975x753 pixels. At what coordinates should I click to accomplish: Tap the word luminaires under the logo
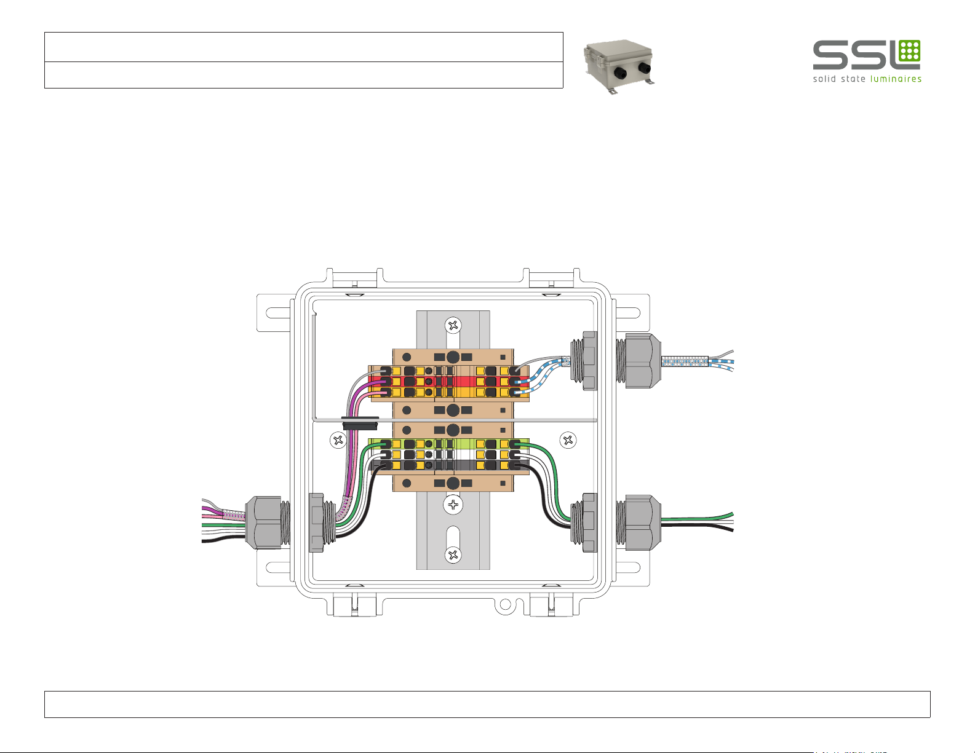click(x=896, y=79)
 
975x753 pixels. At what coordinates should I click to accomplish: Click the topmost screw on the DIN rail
click(x=453, y=325)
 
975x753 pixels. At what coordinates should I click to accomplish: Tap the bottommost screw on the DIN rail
click(x=453, y=555)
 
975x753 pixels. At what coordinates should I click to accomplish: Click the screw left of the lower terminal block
click(x=338, y=440)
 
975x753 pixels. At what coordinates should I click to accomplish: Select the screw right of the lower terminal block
click(x=568, y=440)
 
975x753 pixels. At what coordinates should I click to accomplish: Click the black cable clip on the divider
click(x=359, y=423)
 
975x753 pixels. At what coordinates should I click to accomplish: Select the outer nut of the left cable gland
click(x=264, y=522)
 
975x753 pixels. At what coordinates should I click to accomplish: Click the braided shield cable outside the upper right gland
click(x=684, y=363)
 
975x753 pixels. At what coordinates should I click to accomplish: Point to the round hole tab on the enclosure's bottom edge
click(x=504, y=605)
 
